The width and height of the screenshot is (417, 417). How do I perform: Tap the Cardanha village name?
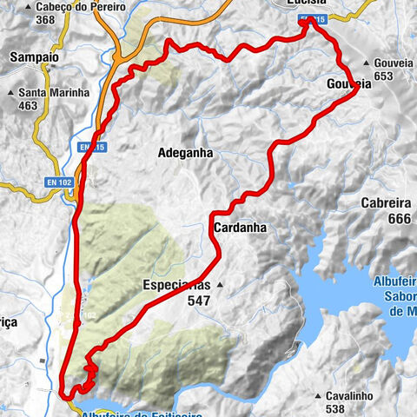point(238,228)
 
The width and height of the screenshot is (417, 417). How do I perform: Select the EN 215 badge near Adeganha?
point(91,149)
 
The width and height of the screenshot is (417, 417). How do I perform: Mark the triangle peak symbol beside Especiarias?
point(221,284)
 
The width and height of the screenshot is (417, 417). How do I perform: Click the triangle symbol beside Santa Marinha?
point(10,93)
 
